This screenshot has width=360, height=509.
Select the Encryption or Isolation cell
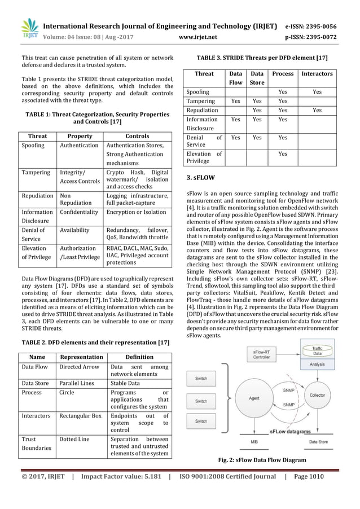coord(137,213)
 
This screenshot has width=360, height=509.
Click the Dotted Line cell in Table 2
coord(74,438)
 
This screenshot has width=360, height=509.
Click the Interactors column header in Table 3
coord(317,74)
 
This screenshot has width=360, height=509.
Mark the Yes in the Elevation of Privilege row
coord(283,153)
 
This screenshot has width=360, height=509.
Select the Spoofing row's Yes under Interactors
coord(317,91)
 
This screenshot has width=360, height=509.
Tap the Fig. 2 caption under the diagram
coord(262,460)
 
